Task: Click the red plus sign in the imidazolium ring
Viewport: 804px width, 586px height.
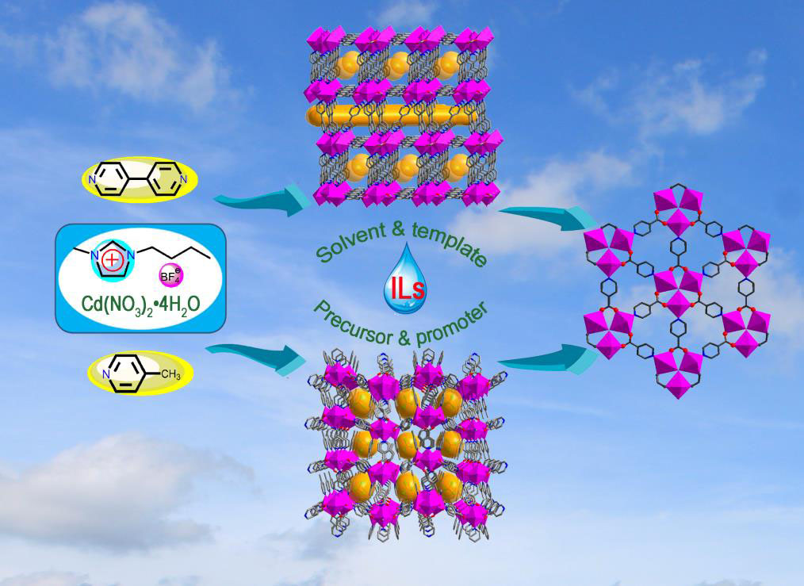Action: [x=110, y=255]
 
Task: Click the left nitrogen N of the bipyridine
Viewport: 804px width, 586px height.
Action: [x=93, y=181]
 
